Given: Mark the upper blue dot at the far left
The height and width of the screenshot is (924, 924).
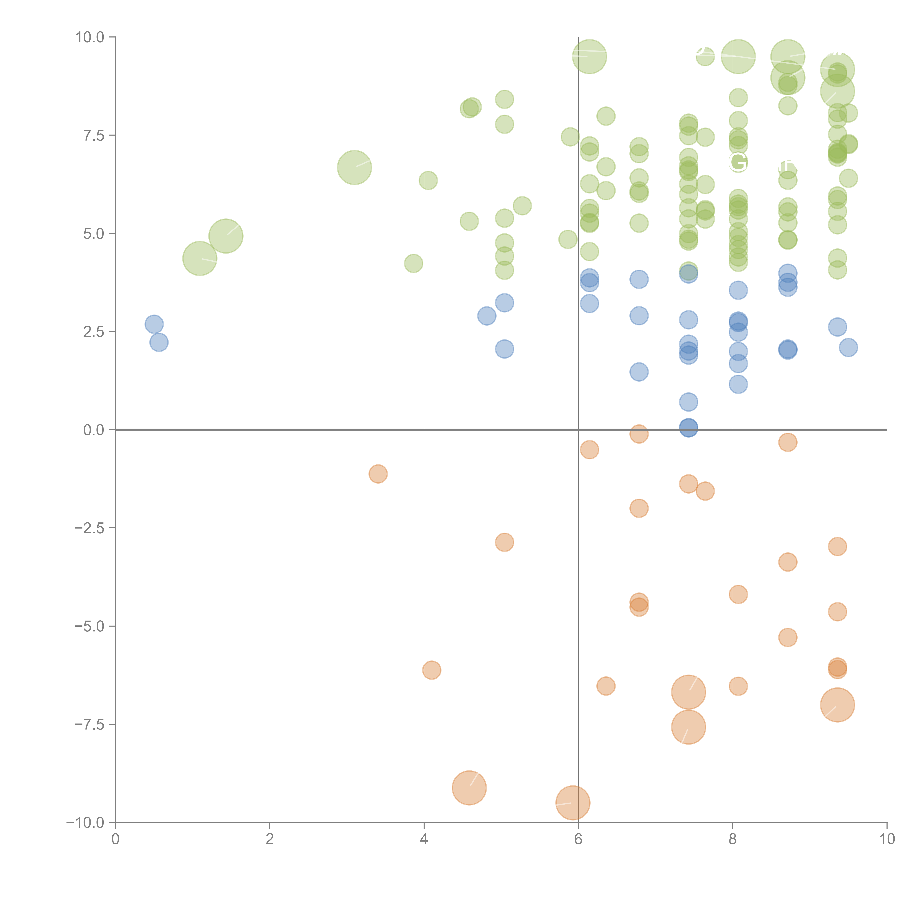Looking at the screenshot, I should (154, 324).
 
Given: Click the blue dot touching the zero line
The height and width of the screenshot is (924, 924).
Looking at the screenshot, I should (688, 428).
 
